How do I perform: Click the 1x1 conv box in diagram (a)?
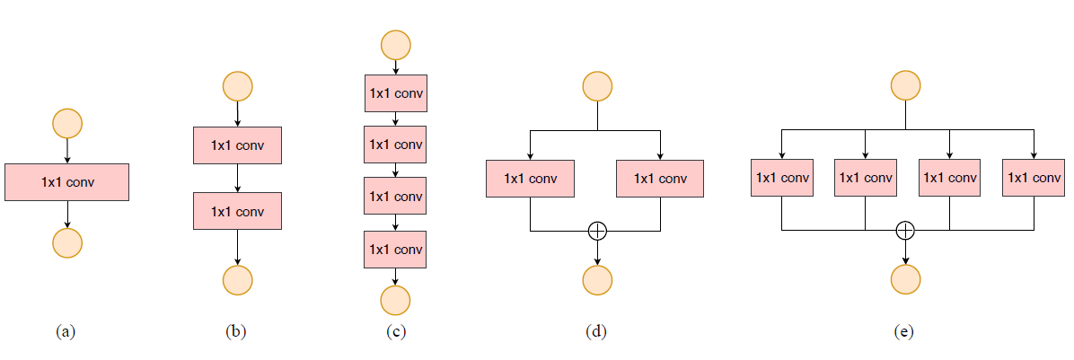coord(67,182)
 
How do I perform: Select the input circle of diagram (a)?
coord(67,123)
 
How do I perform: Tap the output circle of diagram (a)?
coord(67,242)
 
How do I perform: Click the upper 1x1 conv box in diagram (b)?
coord(237,145)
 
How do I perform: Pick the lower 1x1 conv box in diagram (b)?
coord(237,212)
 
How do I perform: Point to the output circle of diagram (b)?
coord(237,280)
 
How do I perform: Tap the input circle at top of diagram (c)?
coord(395,44)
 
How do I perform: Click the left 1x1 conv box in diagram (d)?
coord(531,179)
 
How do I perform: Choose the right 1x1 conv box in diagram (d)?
coord(660,179)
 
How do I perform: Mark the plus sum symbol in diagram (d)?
coord(597,231)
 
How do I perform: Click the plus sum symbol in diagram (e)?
coord(905,231)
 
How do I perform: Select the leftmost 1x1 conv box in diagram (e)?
coord(782,178)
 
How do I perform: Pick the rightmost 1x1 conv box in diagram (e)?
coord(1033,178)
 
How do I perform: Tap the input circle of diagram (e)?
coord(905,86)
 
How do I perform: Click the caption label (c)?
coord(395,331)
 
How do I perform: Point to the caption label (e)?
coord(904,331)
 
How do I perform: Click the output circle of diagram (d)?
coord(597,280)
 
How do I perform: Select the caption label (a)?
coord(66,331)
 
